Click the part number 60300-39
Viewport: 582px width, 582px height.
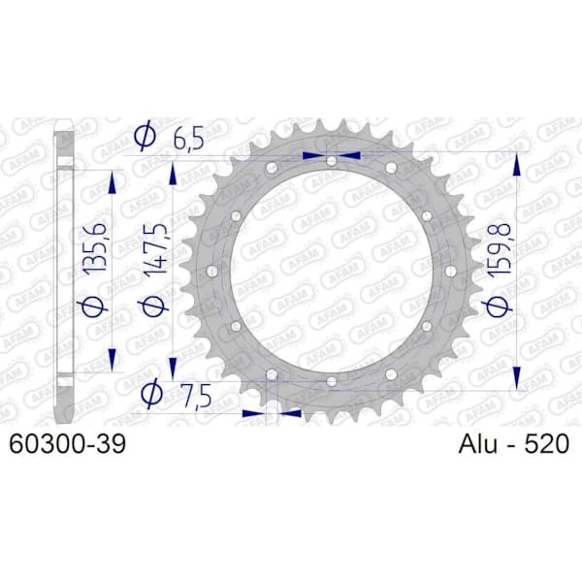tap(67, 443)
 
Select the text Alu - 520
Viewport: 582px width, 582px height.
tap(514, 443)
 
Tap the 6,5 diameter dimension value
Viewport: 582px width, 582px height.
tap(188, 140)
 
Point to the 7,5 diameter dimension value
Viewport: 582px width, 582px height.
tap(197, 397)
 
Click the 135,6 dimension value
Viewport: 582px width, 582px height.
tap(95, 249)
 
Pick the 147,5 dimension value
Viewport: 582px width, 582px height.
tap(155, 250)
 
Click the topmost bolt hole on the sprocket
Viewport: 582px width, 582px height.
tap(332, 161)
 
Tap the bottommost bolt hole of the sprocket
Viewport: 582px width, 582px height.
tap(332, 381)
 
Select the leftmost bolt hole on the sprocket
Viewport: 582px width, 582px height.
tap(211, 272)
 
